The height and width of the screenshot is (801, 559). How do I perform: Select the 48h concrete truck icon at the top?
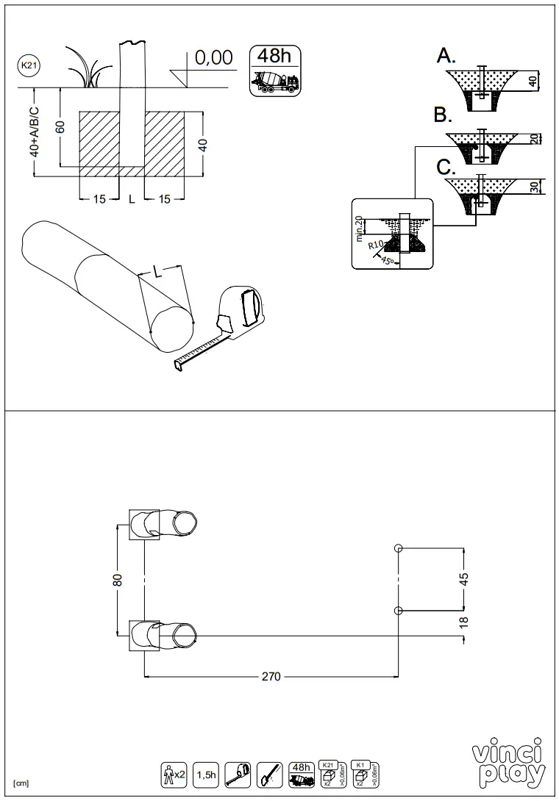click(x=276, y=70)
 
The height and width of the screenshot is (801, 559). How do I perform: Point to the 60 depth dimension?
click(x=61, y=127)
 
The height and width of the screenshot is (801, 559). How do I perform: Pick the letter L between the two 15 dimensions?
click(x=132, y=199)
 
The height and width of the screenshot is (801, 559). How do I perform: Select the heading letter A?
click(x=446, y=56)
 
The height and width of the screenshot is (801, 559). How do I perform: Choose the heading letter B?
click(x=443, y=115)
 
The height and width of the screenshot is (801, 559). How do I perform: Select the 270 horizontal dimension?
click(x=271, y=677)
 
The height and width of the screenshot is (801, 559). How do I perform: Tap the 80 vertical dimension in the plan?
click(x=118, y=580)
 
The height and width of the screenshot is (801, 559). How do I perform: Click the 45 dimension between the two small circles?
click(x=464, y=579)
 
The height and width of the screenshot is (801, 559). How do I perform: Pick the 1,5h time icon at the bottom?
click(x=206, y=774)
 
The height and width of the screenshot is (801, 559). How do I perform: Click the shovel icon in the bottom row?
click(x=270, y=774)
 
